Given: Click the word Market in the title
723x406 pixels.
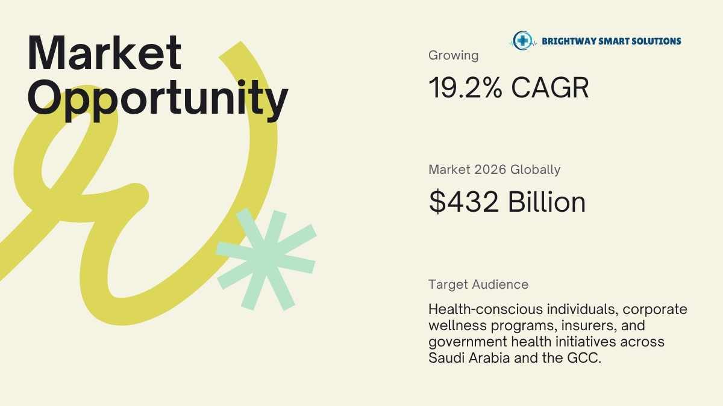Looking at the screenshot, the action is (x=105, y=53).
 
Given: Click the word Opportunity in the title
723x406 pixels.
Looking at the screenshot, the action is (x=158, y=100).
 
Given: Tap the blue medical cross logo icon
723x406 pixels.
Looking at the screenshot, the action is (x=522, y=41).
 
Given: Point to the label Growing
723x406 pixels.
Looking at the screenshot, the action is (x=453, y=55).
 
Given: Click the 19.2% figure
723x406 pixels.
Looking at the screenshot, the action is (x=465, y=88).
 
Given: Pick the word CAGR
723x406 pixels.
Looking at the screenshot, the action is (x=550, y=88).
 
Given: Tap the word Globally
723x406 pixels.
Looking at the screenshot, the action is (x=535, y=170).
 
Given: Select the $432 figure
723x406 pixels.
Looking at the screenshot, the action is (x=463, y=202).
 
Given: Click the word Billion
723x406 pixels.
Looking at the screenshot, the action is (x=547, y=201).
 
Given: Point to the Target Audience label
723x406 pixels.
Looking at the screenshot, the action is (x=478, y=285).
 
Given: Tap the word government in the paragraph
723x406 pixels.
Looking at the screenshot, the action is (x=468, y=342).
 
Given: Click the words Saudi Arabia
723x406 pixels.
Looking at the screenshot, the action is (x=469, y=358).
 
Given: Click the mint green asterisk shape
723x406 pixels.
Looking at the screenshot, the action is (x=266, y=259).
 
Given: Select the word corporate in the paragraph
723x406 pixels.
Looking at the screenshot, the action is (x=655, y=310).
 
